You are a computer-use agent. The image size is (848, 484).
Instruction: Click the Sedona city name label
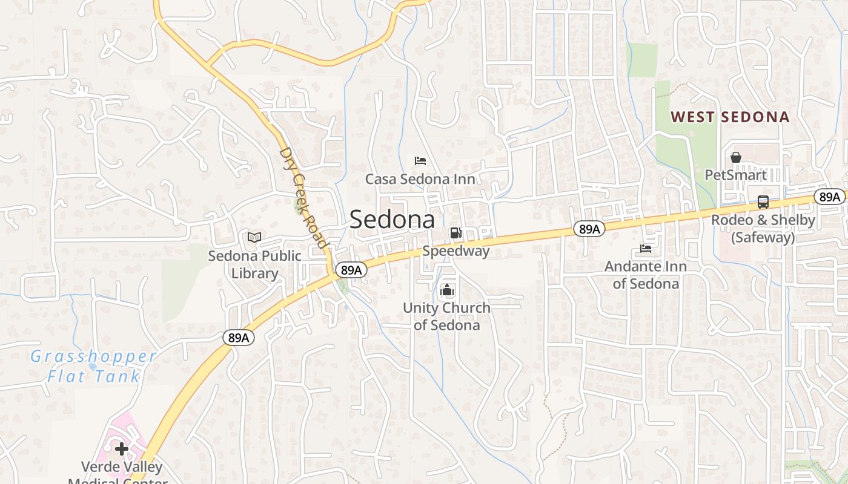[x=392, y=219]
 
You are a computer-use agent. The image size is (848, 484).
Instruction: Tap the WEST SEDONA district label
[x=730, y=117]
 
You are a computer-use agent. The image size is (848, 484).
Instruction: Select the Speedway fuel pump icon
[x=455, y=233]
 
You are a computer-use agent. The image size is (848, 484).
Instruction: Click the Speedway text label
[x=455, y=250]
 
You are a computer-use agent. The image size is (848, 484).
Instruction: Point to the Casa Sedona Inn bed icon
[x=420, y=161]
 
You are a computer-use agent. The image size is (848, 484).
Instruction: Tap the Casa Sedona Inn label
[x=420, y=179]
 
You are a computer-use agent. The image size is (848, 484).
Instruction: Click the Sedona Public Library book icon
[x=254, y=237]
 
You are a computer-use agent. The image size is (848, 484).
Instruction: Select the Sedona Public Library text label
[x=254, y=264]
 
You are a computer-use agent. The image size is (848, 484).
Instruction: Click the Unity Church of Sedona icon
[x=447, y=290]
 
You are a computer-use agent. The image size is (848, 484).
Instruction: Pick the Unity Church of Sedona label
[x=447, y=316]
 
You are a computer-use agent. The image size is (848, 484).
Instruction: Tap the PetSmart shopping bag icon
[x=736, y=157]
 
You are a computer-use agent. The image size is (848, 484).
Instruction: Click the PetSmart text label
[x=736, y=175]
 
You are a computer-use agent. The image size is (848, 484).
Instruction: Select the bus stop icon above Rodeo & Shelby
[x=763, y=202]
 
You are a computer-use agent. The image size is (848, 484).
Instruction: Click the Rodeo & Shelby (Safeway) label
[x=763, y=229]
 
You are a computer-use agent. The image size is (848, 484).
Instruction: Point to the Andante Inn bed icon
[x=646, y=249]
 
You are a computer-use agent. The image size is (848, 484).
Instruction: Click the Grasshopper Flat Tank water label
[x=94, y=366]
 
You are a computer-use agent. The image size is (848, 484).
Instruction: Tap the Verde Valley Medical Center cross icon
[x=122, y=449]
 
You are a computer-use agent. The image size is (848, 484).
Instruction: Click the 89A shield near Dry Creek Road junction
[x=351, y=270]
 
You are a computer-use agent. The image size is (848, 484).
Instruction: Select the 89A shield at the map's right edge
[x=829, y=197]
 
